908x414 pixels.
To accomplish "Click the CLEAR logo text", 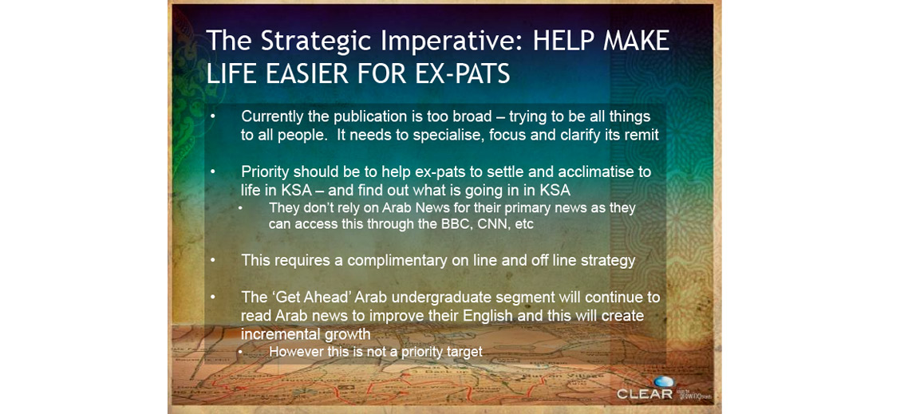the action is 645,394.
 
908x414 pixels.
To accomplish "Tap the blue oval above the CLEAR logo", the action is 664,381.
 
